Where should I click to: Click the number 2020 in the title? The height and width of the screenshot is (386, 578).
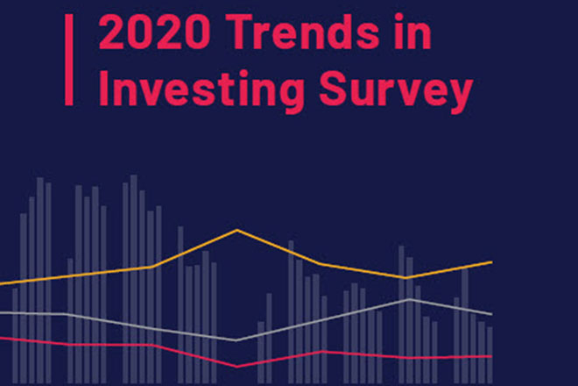pos(154,32)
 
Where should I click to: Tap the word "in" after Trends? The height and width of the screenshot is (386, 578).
pos(412,32)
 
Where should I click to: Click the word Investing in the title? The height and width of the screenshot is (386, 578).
pos(201,89)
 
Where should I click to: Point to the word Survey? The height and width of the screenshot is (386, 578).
pos(396,91)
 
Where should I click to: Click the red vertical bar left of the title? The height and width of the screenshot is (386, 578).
pos(69,60)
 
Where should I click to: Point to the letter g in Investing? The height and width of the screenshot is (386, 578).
pos(290,96)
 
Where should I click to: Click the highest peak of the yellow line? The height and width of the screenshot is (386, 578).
pos(237,230)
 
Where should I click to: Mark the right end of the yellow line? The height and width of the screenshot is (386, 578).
pos(492,262)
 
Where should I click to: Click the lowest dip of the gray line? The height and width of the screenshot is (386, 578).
pos(236,340)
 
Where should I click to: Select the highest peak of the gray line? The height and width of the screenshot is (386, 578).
pos(409,299)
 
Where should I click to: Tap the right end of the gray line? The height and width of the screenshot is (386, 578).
pos(492,314)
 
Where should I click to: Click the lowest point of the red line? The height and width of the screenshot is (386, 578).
pos(236,367)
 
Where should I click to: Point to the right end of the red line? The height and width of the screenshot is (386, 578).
pos(492,356)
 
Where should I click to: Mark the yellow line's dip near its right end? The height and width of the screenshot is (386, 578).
pos(405,277)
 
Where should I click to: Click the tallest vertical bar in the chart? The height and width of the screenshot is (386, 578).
pos(133,279)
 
